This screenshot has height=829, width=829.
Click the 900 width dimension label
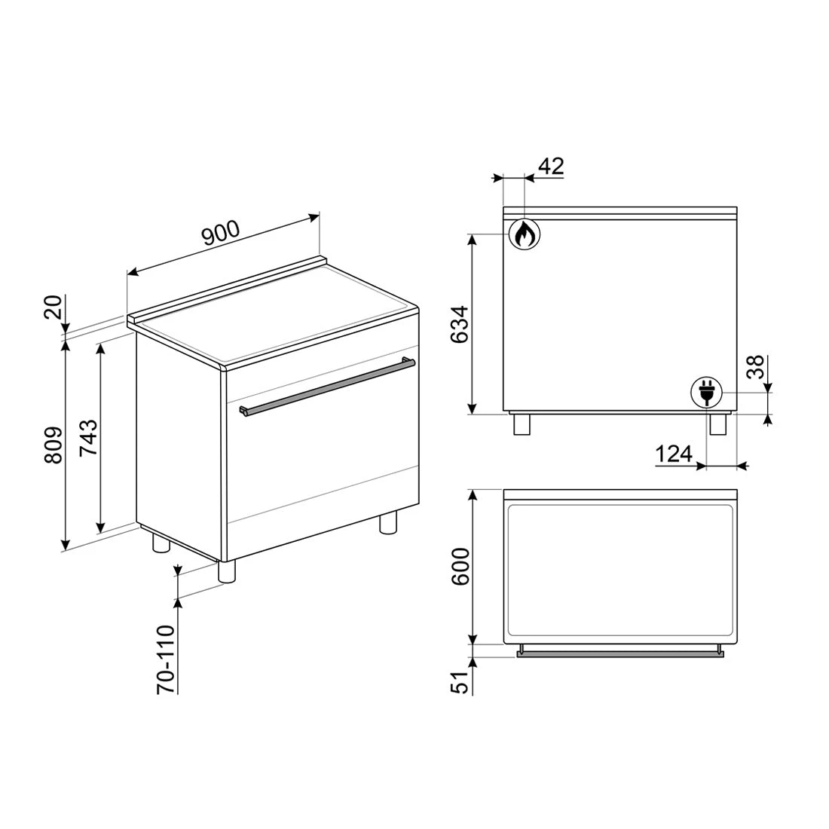tap(222, 233)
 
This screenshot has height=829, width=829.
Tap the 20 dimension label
tap(54, 307)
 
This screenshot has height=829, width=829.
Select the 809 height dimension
tap(54, 445)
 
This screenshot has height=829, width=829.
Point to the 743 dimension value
tap(87, 437)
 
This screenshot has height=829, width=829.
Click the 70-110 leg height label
tap(166, 659)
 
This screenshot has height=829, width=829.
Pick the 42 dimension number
tap(552, 167)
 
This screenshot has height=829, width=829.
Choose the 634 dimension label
tap(460, 325)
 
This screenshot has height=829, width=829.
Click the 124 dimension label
tap(674, 454)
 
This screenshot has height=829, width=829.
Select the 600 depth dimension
tap(460, 567)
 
